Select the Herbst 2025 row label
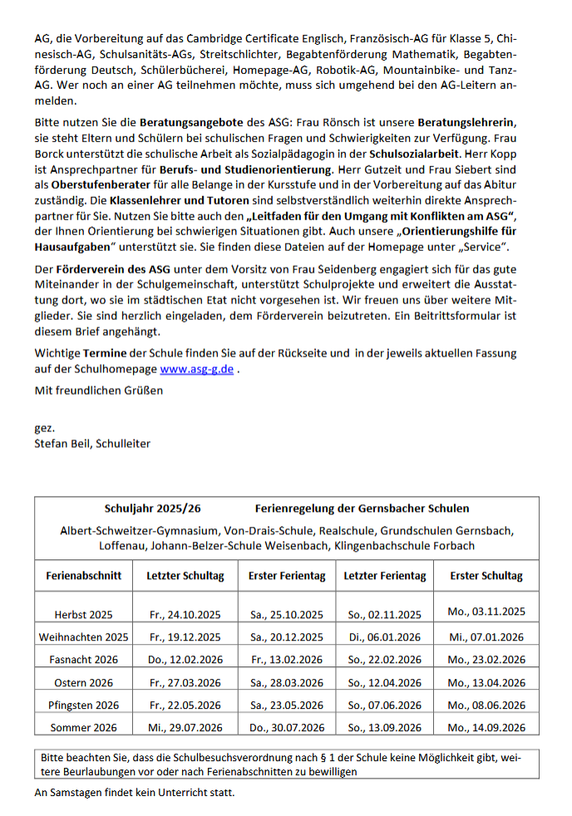83,615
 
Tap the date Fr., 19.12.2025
185,637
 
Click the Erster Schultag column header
486,575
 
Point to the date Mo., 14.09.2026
486,727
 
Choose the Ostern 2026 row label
83,682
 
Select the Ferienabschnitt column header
83,575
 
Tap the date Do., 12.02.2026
185,660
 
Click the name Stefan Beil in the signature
62,444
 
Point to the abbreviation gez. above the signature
44,428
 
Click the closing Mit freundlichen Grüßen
99,389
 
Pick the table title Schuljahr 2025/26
152,508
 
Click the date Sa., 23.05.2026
286,705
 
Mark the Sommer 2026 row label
83,727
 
